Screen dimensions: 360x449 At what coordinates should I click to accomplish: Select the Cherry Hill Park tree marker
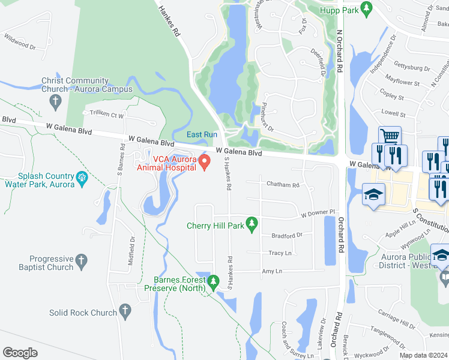(253, 224)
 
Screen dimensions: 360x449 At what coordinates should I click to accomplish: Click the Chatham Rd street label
(283, 185)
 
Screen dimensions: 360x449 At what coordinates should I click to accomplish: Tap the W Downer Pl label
(317, 214)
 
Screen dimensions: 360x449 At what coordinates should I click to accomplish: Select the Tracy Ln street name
(280, 253)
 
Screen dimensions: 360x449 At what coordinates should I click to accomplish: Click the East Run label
(201, 134)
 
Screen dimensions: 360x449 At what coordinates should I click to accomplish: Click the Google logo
(20, 352)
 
